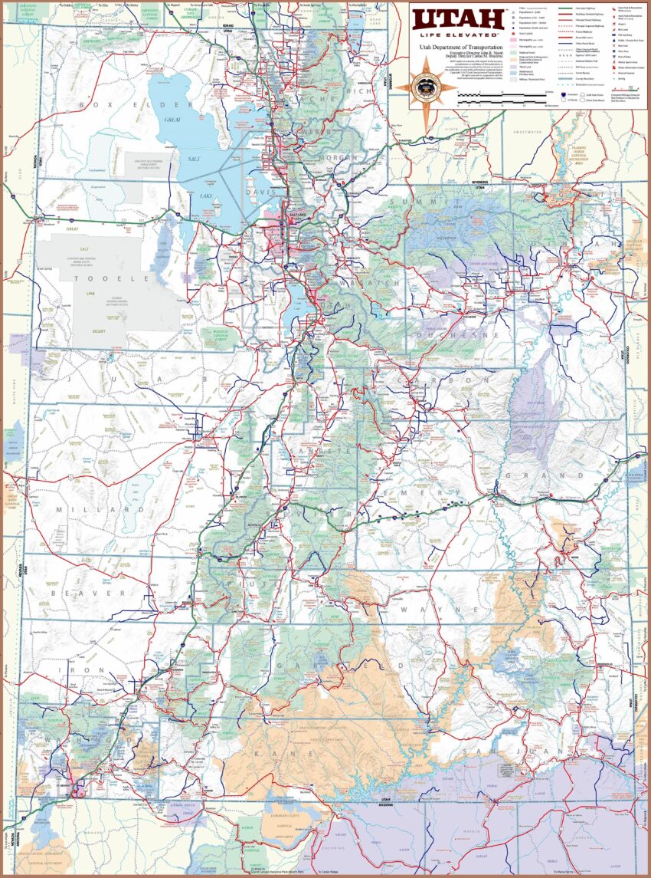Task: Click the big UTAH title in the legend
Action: pos(456,18)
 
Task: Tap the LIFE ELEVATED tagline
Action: pos(456,35)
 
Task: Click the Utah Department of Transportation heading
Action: pos(456,47)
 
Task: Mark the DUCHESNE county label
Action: pos(457,335)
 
